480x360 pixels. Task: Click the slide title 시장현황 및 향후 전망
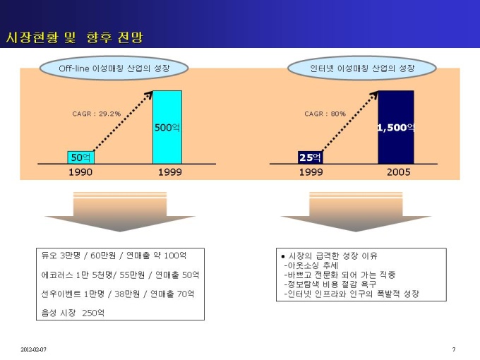74,37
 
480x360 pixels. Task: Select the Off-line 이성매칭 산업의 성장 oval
114,68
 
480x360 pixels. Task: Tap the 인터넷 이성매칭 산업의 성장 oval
362,68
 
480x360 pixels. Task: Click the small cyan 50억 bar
80,157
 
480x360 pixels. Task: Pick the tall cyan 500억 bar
167,127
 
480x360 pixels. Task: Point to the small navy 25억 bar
310,157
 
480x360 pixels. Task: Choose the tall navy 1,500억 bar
396,127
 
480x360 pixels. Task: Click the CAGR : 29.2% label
97,114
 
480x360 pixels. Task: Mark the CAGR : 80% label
325,114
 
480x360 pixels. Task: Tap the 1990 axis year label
80,172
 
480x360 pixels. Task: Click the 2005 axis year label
398,172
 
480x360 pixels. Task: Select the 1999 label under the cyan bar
170,172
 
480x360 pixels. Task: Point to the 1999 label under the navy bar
311,172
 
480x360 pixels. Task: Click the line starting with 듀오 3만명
114,256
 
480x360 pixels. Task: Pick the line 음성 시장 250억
73,313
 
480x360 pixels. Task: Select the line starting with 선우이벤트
118,294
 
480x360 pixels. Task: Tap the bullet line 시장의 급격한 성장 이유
330,256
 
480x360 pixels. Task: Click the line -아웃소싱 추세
311,265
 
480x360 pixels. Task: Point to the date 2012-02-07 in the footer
33,349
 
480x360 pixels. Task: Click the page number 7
454,349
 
